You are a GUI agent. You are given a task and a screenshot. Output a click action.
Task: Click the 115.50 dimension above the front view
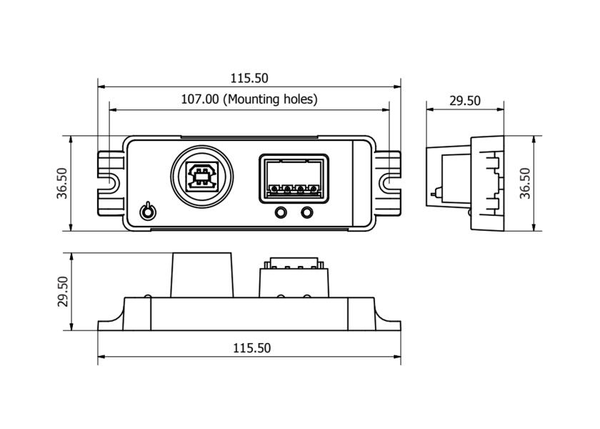click(249, 78)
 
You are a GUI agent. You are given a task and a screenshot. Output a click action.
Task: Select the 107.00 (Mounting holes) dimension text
click(249, 99)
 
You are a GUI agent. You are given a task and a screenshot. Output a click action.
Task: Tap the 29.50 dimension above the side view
click(465, 101)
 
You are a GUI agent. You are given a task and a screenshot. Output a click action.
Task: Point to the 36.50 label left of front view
click(62, 183)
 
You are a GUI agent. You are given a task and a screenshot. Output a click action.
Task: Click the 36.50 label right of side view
click(526, 183)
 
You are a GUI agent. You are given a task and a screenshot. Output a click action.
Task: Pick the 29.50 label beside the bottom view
click(62, 292)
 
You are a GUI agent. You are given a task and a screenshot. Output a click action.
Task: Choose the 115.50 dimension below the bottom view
click(251, 347)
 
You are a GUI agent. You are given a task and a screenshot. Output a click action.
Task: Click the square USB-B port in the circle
click(201, 177)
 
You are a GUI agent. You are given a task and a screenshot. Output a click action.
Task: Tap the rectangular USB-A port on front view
click(294, 179)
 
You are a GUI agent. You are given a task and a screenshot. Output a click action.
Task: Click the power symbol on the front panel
click(148, 211)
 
